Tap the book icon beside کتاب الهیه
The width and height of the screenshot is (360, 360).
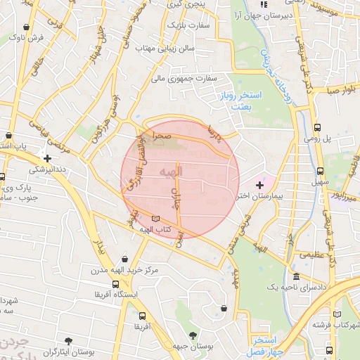[x=155, y=219]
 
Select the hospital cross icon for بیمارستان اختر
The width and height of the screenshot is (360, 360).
[x=259, y=184]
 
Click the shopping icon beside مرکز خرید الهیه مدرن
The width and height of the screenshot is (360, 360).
[x=124, y=259]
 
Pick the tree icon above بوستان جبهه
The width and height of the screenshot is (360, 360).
[x=193, y=335]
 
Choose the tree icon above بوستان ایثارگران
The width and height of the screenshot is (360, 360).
[x=68, y=339]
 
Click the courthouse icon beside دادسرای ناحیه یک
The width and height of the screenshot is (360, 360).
[x=296, y=276]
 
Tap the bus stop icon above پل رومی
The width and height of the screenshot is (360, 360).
[x=318, y=128]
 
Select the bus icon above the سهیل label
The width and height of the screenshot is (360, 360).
[x=321, y=171]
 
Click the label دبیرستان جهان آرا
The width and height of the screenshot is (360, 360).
[x=264, y=14]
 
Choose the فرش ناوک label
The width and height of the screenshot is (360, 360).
[x=31, y=37]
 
